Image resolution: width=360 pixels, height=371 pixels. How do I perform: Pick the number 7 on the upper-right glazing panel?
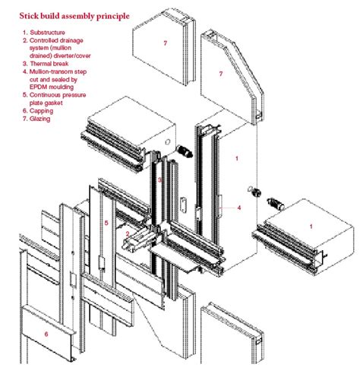tap(220, 74)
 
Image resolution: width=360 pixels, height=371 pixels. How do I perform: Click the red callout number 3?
tap(160, 179)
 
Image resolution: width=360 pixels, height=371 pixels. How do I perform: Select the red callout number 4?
tap(238, 207)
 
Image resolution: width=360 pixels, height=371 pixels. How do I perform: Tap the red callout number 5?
tap(107, 223)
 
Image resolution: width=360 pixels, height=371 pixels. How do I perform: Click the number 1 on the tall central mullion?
tap(237, 159)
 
